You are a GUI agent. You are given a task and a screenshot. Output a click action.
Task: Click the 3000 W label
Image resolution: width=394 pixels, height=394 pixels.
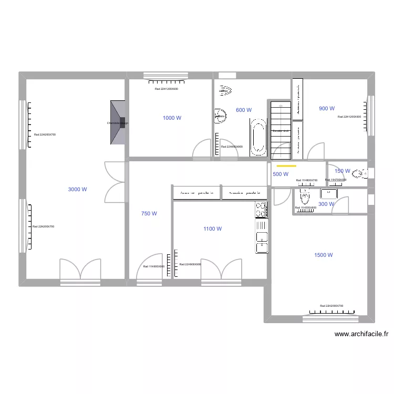click(x=77, y=190)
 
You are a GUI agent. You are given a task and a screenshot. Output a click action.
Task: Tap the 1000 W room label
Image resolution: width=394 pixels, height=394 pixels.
click(x=172, y=118)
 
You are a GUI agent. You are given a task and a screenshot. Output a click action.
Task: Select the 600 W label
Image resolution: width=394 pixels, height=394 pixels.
click(x=244, y=110)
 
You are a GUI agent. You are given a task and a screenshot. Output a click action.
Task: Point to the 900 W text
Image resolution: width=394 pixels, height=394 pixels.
click(x=327, y=109)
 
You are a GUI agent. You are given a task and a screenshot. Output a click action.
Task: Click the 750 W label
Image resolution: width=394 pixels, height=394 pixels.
click(x=149, y=214)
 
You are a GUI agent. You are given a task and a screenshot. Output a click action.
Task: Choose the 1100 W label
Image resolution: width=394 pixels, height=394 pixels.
click(x=213, y=229)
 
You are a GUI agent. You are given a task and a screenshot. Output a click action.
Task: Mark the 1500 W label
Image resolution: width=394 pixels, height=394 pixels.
click(x=324, y=255)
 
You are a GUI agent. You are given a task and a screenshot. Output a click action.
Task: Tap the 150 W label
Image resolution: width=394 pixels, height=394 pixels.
click(x=342, y=171)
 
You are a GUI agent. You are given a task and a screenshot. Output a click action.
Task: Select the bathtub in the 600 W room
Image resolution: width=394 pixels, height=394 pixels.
click(x=258, y=137)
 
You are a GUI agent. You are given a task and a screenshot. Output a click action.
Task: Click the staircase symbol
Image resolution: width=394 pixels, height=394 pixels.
click(x=281, y=130)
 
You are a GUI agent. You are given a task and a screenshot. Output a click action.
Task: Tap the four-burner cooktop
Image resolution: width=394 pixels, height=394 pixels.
click(x=261, y=210)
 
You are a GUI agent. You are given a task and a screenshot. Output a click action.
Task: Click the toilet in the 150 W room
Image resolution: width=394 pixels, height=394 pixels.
click(x=360, y=173)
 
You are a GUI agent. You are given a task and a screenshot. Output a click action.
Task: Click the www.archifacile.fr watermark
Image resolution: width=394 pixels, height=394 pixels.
click(x=361, y=334)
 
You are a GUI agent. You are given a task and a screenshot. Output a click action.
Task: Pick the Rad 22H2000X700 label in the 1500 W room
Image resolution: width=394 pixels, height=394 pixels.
click(x=331, y=306)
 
